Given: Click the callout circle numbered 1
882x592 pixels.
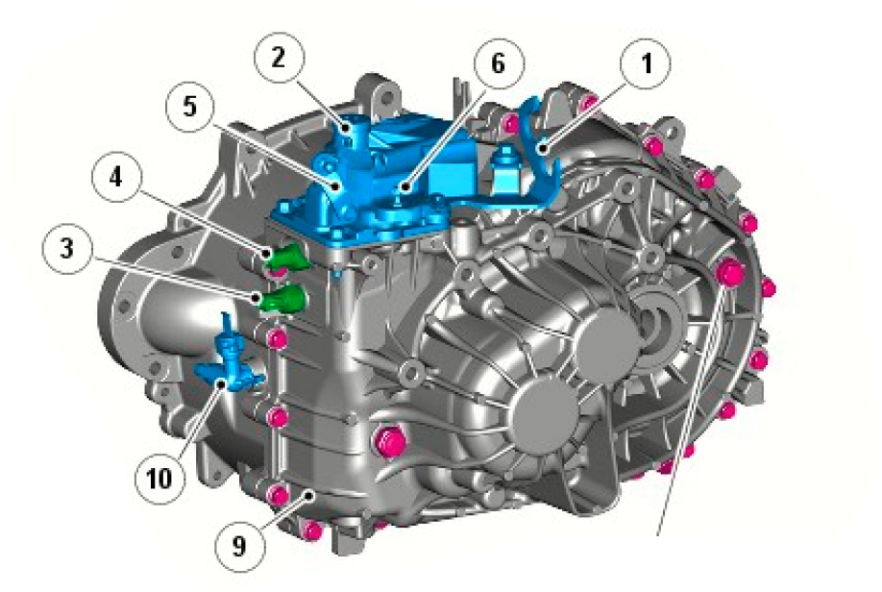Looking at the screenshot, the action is click(646, 63).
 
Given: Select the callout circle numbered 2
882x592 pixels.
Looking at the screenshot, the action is click(279, 58).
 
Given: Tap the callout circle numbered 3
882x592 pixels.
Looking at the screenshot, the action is click(67, 248).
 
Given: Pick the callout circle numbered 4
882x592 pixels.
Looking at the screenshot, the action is click(116, 178).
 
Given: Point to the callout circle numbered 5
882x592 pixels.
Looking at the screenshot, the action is click(190, 107).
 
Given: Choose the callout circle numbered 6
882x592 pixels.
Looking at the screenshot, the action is click(499, 63).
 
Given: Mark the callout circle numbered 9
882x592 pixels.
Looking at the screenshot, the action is click(239, 545).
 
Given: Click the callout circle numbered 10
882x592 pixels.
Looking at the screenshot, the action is click(159, 479).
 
